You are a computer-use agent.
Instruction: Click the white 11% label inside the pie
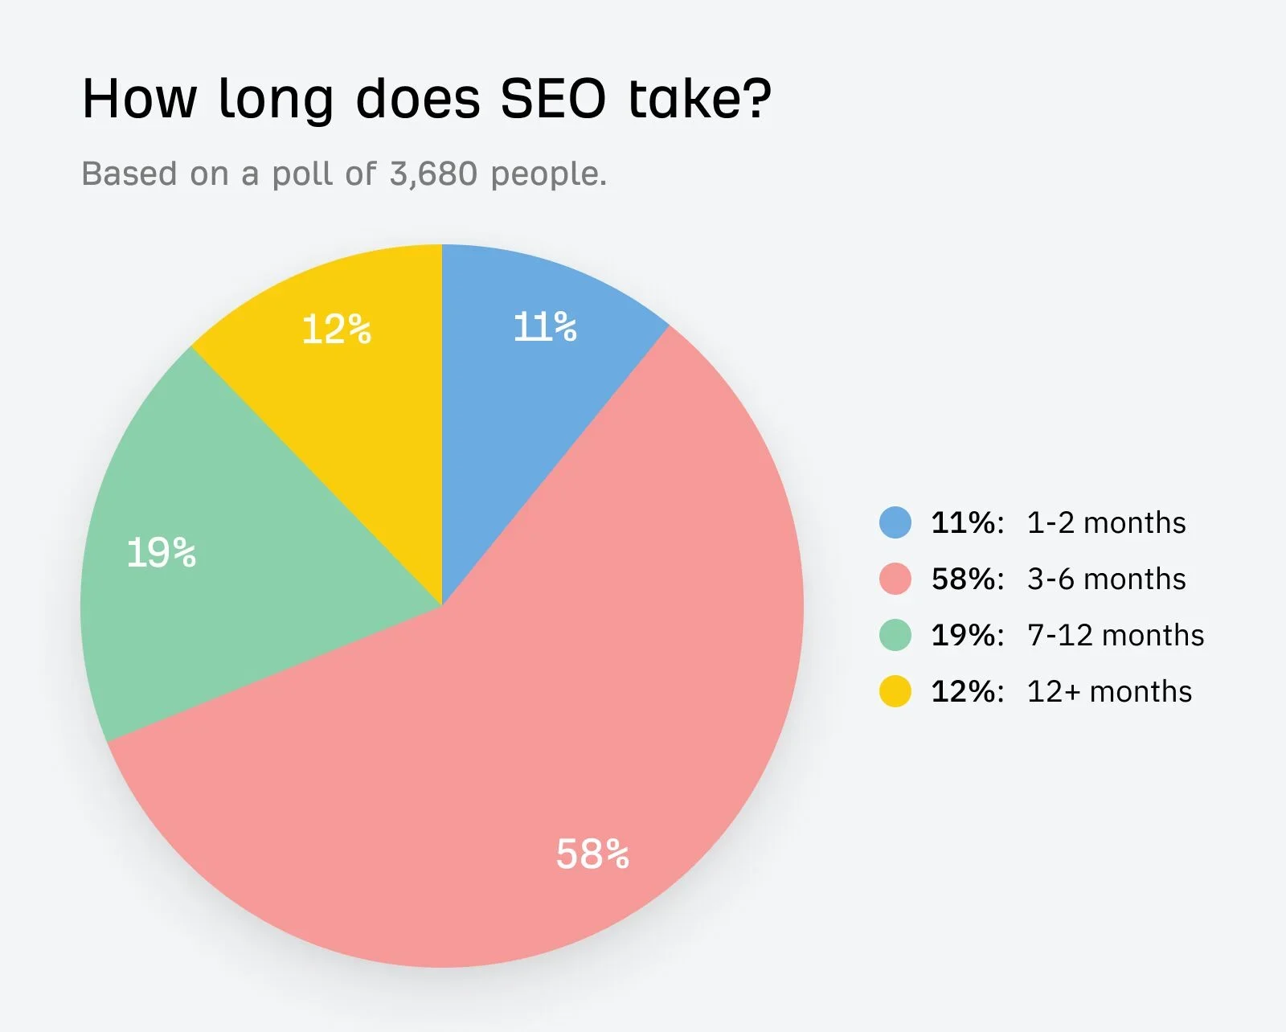(545, 327)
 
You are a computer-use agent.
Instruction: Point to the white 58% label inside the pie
(592, 854)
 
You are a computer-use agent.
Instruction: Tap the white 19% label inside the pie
(162, 553)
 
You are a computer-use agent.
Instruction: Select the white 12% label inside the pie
(336, 330)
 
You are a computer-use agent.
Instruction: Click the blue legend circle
(895, 522)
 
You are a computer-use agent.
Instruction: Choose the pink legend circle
(895, 579)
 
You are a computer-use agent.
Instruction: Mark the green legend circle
(895, 635)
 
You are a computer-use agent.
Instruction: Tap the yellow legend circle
(895, 691)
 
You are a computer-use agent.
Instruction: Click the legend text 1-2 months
(1106, 523)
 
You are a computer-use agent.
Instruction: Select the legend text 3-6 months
(1106, 579)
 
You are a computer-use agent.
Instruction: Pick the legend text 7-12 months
(1116, 636)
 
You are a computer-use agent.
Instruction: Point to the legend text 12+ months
(1109, 692)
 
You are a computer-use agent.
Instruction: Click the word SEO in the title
(553, 100)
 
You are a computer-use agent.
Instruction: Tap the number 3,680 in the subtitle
(433, 174)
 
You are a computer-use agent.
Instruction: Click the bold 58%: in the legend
(968, 579)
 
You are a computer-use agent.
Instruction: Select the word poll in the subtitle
(303, 174)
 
